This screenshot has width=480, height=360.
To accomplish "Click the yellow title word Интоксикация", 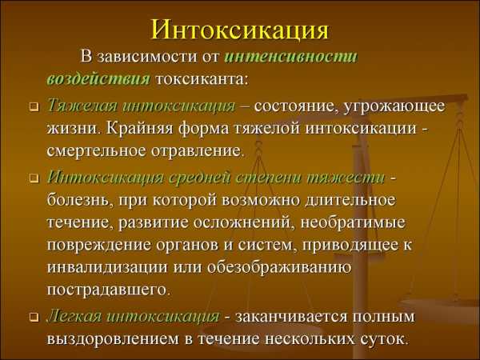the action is (240, 30).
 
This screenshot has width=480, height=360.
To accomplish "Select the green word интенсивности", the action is (291, 57).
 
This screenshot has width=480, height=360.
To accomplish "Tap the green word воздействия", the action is (98, 79).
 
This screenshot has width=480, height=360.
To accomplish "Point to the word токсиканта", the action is (202, 79).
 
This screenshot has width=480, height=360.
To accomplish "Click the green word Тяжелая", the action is (82, 106).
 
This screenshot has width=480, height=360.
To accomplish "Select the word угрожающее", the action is (393, 106).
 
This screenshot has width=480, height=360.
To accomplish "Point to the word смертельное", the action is (96, 151).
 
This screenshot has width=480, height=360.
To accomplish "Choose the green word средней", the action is (199, 178).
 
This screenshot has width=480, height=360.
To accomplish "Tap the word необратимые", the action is (353, 223).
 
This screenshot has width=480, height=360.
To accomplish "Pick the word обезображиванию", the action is (279, 267).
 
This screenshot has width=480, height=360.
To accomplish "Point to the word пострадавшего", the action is (106, 290).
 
